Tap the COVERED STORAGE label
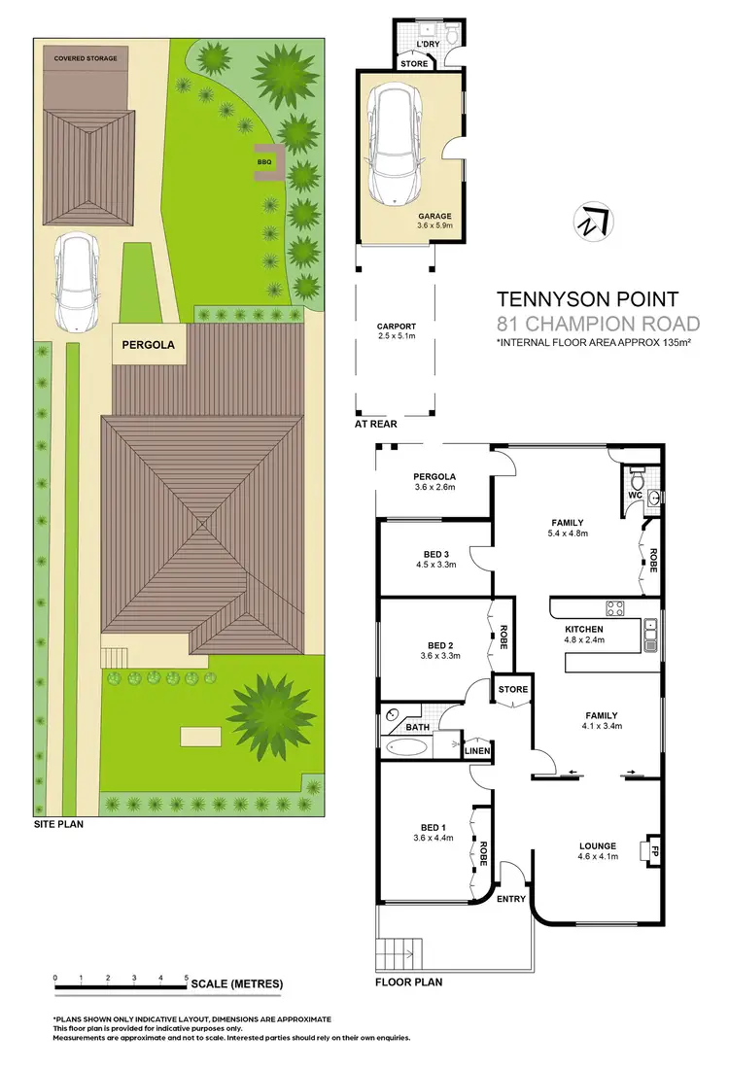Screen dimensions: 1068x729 coord(86,58)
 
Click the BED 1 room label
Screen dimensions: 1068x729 coord(434,829)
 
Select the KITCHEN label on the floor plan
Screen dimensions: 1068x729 coord(585,630)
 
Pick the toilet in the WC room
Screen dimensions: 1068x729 coord(638,479)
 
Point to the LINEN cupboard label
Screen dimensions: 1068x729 coord(476,750)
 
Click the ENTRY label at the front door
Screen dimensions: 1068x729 coord(511,899)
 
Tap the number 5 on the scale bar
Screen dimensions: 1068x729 coord(187,977)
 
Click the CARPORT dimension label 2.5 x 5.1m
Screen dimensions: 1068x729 coord(397,338)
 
